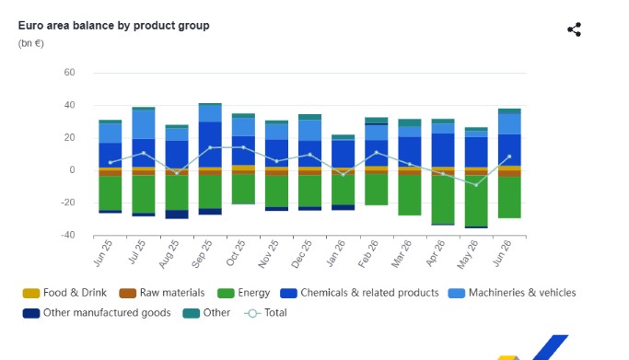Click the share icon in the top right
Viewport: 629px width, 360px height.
tap(575, 29)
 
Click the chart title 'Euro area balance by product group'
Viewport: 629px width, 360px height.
tap(113, 26)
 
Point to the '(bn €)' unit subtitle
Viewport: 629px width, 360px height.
tap(31, 43)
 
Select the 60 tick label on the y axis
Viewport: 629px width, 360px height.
tap(69, 73)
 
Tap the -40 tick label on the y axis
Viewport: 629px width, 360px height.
tap(68, 235)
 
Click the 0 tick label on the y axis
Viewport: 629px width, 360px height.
tap(72, 170)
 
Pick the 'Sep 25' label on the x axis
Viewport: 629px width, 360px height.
tap(202, 254)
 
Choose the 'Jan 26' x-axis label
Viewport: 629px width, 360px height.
tap(335, 253)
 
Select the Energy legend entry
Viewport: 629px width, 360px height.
tap(243, 293)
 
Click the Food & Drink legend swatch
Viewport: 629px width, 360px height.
tap(31, 294)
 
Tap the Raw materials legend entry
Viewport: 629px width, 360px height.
tap(162, 293)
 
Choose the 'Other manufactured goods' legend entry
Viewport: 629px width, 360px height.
tap(97, 313)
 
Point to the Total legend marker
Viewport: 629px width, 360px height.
tap(252, 313)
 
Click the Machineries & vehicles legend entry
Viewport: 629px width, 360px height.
tap(512, 293)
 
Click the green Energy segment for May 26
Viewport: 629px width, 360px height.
tap(476, 202)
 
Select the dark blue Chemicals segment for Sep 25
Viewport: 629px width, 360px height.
tap(210, 145)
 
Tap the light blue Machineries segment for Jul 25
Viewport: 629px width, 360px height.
tap(144, 124)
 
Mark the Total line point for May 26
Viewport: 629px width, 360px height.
tap(476, 185)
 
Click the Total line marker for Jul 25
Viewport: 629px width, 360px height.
tap(144, 153)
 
